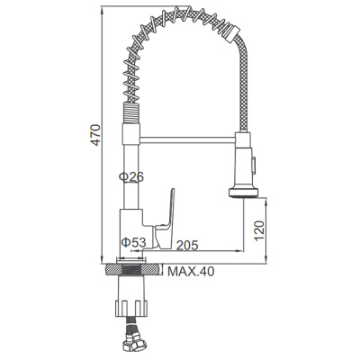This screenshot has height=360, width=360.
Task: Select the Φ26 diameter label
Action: (x=131, y=178)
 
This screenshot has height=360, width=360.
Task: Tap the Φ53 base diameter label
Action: (x=135, y=243)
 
